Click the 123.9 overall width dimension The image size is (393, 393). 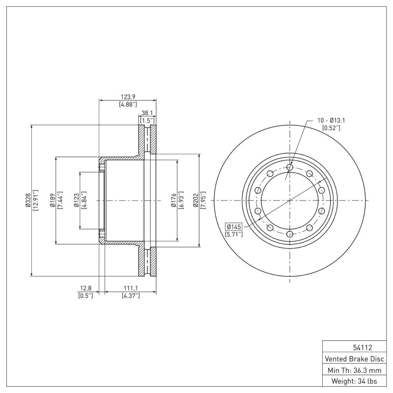(128, 96)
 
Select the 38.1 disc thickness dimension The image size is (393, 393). (147, 113)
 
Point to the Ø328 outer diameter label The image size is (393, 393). (28, 200)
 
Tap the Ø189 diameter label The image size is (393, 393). (53, 200)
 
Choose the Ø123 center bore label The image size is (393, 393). (77, 200)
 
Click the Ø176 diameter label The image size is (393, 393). (173, 200)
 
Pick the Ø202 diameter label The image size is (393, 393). (196, 200)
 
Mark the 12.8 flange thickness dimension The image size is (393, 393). (85, 288)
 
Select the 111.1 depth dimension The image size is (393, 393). (131, 288)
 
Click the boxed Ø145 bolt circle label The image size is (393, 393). (234, 227)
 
